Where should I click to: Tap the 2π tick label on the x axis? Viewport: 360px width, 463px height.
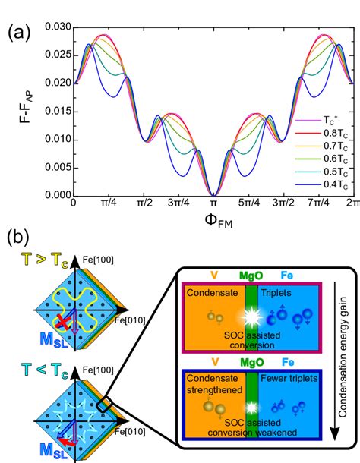(352, 205)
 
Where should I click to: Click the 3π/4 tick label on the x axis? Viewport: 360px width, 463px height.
(177, 205)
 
